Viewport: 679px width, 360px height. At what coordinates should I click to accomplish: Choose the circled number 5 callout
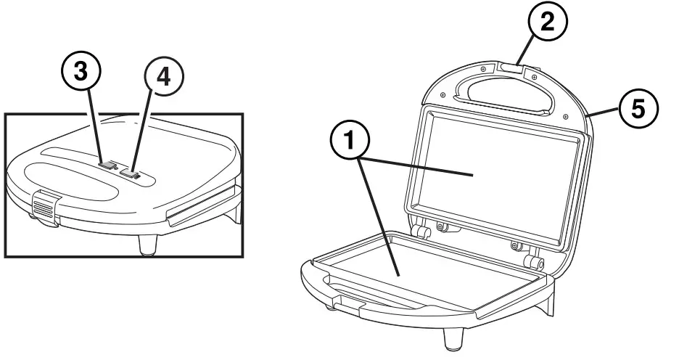tap(638, 110)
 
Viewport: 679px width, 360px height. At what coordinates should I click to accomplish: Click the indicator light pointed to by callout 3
tap(107, 166)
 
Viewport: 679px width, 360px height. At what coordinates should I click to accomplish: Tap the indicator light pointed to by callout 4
tap(131, 173)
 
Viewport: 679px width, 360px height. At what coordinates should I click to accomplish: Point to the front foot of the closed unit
tap(146, 245)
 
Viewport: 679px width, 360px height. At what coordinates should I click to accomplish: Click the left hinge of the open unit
tap(419, 232)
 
